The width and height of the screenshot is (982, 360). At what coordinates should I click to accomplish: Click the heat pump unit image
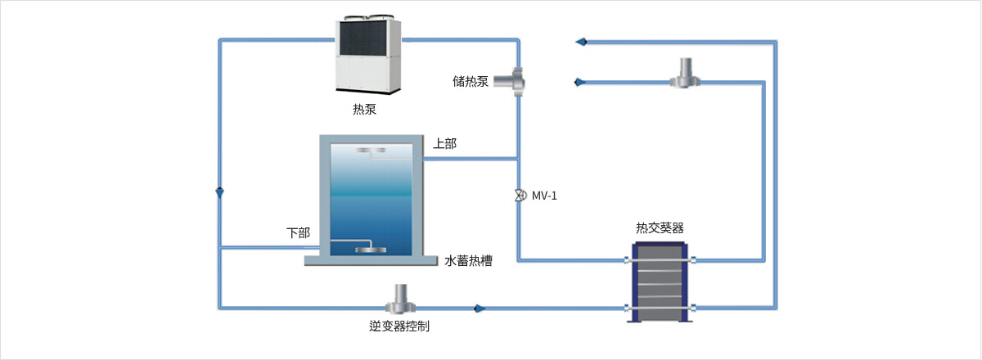pyautogui.click(x=368, y=55)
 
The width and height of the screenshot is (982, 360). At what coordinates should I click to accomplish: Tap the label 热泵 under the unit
pyautogui.click(x=364, y=109)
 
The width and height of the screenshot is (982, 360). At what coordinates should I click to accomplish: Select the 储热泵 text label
pyautogui.click(x=471, y=81)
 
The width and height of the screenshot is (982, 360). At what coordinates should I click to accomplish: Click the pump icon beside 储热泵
pyautogui.click(x=510, y=82)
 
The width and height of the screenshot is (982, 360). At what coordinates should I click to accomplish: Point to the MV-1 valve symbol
pyautogui.click(x=520, y=195)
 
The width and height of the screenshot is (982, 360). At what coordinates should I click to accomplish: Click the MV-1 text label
pyautogui.click(x=544, y=196)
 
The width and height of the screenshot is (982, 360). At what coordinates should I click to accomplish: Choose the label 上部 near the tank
pyautogui.click(x=444, y=143)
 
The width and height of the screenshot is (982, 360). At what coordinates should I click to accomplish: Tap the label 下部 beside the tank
pyautogui.click(x=298, y=232)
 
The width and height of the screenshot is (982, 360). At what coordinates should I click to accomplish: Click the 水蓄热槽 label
pyautogui.click(x=468, y=261)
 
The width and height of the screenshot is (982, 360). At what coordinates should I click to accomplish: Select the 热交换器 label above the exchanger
pyautogui.click(x=660, y=227)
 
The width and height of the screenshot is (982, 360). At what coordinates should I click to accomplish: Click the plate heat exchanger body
pyautogui.click(x=660, y=282)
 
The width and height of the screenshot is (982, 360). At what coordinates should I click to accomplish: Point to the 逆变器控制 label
pyautogui.click(x=399, y=326)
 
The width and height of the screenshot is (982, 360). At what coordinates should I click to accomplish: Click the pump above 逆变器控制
pyautogui.click(x=400, y=299)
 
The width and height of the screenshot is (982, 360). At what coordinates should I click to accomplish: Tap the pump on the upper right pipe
pyautogui.click(x=685, y=74)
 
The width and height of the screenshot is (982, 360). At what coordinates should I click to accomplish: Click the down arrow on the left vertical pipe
pyautogui.click(x=219, y=192)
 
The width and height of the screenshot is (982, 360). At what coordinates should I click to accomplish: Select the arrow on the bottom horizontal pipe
pyautogui.click(x=480, y=308)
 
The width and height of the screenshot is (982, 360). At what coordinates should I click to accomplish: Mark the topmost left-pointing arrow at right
pyautogui.click(x=581, y=42)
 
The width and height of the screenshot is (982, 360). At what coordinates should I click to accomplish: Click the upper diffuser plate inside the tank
pyautogui.click(x=371, y=150)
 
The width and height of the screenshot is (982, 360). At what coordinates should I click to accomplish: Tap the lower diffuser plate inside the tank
pyautogui.click(x=371, y=250)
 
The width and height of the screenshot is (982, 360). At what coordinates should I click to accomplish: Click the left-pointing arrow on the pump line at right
pyautogui.click(x=580, y=82)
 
